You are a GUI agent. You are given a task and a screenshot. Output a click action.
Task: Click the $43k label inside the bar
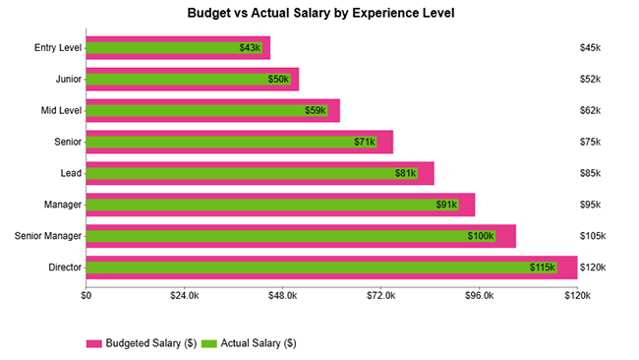250,48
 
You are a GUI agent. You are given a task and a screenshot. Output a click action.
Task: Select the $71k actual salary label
365,142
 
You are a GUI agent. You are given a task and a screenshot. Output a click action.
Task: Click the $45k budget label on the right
590,48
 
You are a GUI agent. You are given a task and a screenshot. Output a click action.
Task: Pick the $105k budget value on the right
593,236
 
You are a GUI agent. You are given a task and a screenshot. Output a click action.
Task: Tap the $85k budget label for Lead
590,173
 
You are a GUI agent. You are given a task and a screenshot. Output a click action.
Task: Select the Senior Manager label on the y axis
48,236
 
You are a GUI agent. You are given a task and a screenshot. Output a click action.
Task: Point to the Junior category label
67,79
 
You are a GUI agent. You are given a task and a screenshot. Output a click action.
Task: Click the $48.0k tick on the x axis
283,295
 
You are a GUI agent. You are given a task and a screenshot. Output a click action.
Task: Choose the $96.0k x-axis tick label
479,295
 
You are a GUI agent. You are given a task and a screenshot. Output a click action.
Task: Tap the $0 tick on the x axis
87,295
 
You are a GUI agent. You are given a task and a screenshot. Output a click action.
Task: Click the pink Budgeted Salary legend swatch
94,343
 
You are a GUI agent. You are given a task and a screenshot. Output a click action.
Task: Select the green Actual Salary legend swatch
208,343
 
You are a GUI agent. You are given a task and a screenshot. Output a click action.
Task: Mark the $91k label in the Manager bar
446,205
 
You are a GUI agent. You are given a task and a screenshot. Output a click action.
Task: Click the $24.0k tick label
185,295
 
